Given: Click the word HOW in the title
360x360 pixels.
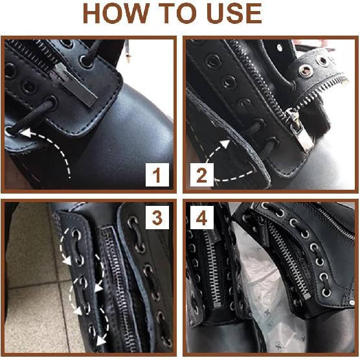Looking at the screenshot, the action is pos(117,14).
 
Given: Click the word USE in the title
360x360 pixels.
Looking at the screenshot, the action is pos(234,14).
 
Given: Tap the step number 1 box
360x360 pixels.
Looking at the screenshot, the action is pos(157,175).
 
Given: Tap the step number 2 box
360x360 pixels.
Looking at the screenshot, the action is pos(202,175).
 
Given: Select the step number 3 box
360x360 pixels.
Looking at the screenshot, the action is pos(157,218).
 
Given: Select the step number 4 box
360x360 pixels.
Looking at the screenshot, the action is pos(202,218).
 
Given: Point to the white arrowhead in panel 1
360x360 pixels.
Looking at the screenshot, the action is pos(26,133).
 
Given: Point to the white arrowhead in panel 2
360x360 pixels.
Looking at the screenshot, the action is pos(225,144).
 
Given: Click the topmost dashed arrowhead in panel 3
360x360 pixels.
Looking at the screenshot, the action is pos(67,261).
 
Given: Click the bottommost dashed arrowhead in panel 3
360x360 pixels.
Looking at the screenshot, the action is pos(100,341).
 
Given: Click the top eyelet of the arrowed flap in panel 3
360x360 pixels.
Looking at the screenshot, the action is pos(76,234).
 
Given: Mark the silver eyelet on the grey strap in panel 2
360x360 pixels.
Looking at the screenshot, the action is pos(306,71).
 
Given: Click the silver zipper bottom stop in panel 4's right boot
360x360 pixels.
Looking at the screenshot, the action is pos(306,295).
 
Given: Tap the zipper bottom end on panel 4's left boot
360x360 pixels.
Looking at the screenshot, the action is pos(217,305).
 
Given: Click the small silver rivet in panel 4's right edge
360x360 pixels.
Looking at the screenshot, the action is pos(351,303).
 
